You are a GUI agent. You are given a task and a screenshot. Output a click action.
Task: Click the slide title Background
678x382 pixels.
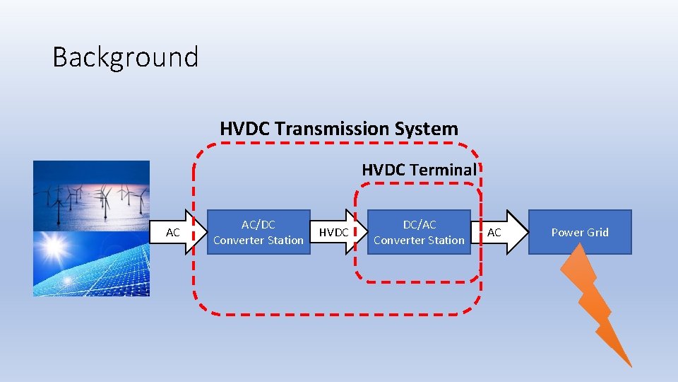[x=125, y=57]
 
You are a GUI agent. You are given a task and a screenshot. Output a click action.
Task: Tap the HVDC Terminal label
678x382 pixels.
[x=419, y=170]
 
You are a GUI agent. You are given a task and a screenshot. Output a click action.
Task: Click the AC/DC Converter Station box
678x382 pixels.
[x=258, y=232]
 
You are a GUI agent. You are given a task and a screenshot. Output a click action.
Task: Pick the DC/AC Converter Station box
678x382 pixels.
[x=419, y=232]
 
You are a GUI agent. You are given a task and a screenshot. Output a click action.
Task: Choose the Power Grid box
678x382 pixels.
[x=580, y=232]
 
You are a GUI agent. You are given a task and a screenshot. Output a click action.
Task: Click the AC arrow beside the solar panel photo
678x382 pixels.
[x=177, y=232]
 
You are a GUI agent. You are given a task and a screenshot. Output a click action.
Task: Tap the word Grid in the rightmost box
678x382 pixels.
[x=597, y=232]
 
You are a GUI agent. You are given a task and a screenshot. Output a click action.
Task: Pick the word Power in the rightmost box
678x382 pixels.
[x=567, y=232]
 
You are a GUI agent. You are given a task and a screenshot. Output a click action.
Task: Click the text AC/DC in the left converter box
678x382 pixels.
[x=258, y=225]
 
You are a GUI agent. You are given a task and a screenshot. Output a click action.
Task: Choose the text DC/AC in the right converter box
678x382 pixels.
[x=419, y=225]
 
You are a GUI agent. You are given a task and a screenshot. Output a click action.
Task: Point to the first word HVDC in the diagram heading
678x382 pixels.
[x=245, y=129]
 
